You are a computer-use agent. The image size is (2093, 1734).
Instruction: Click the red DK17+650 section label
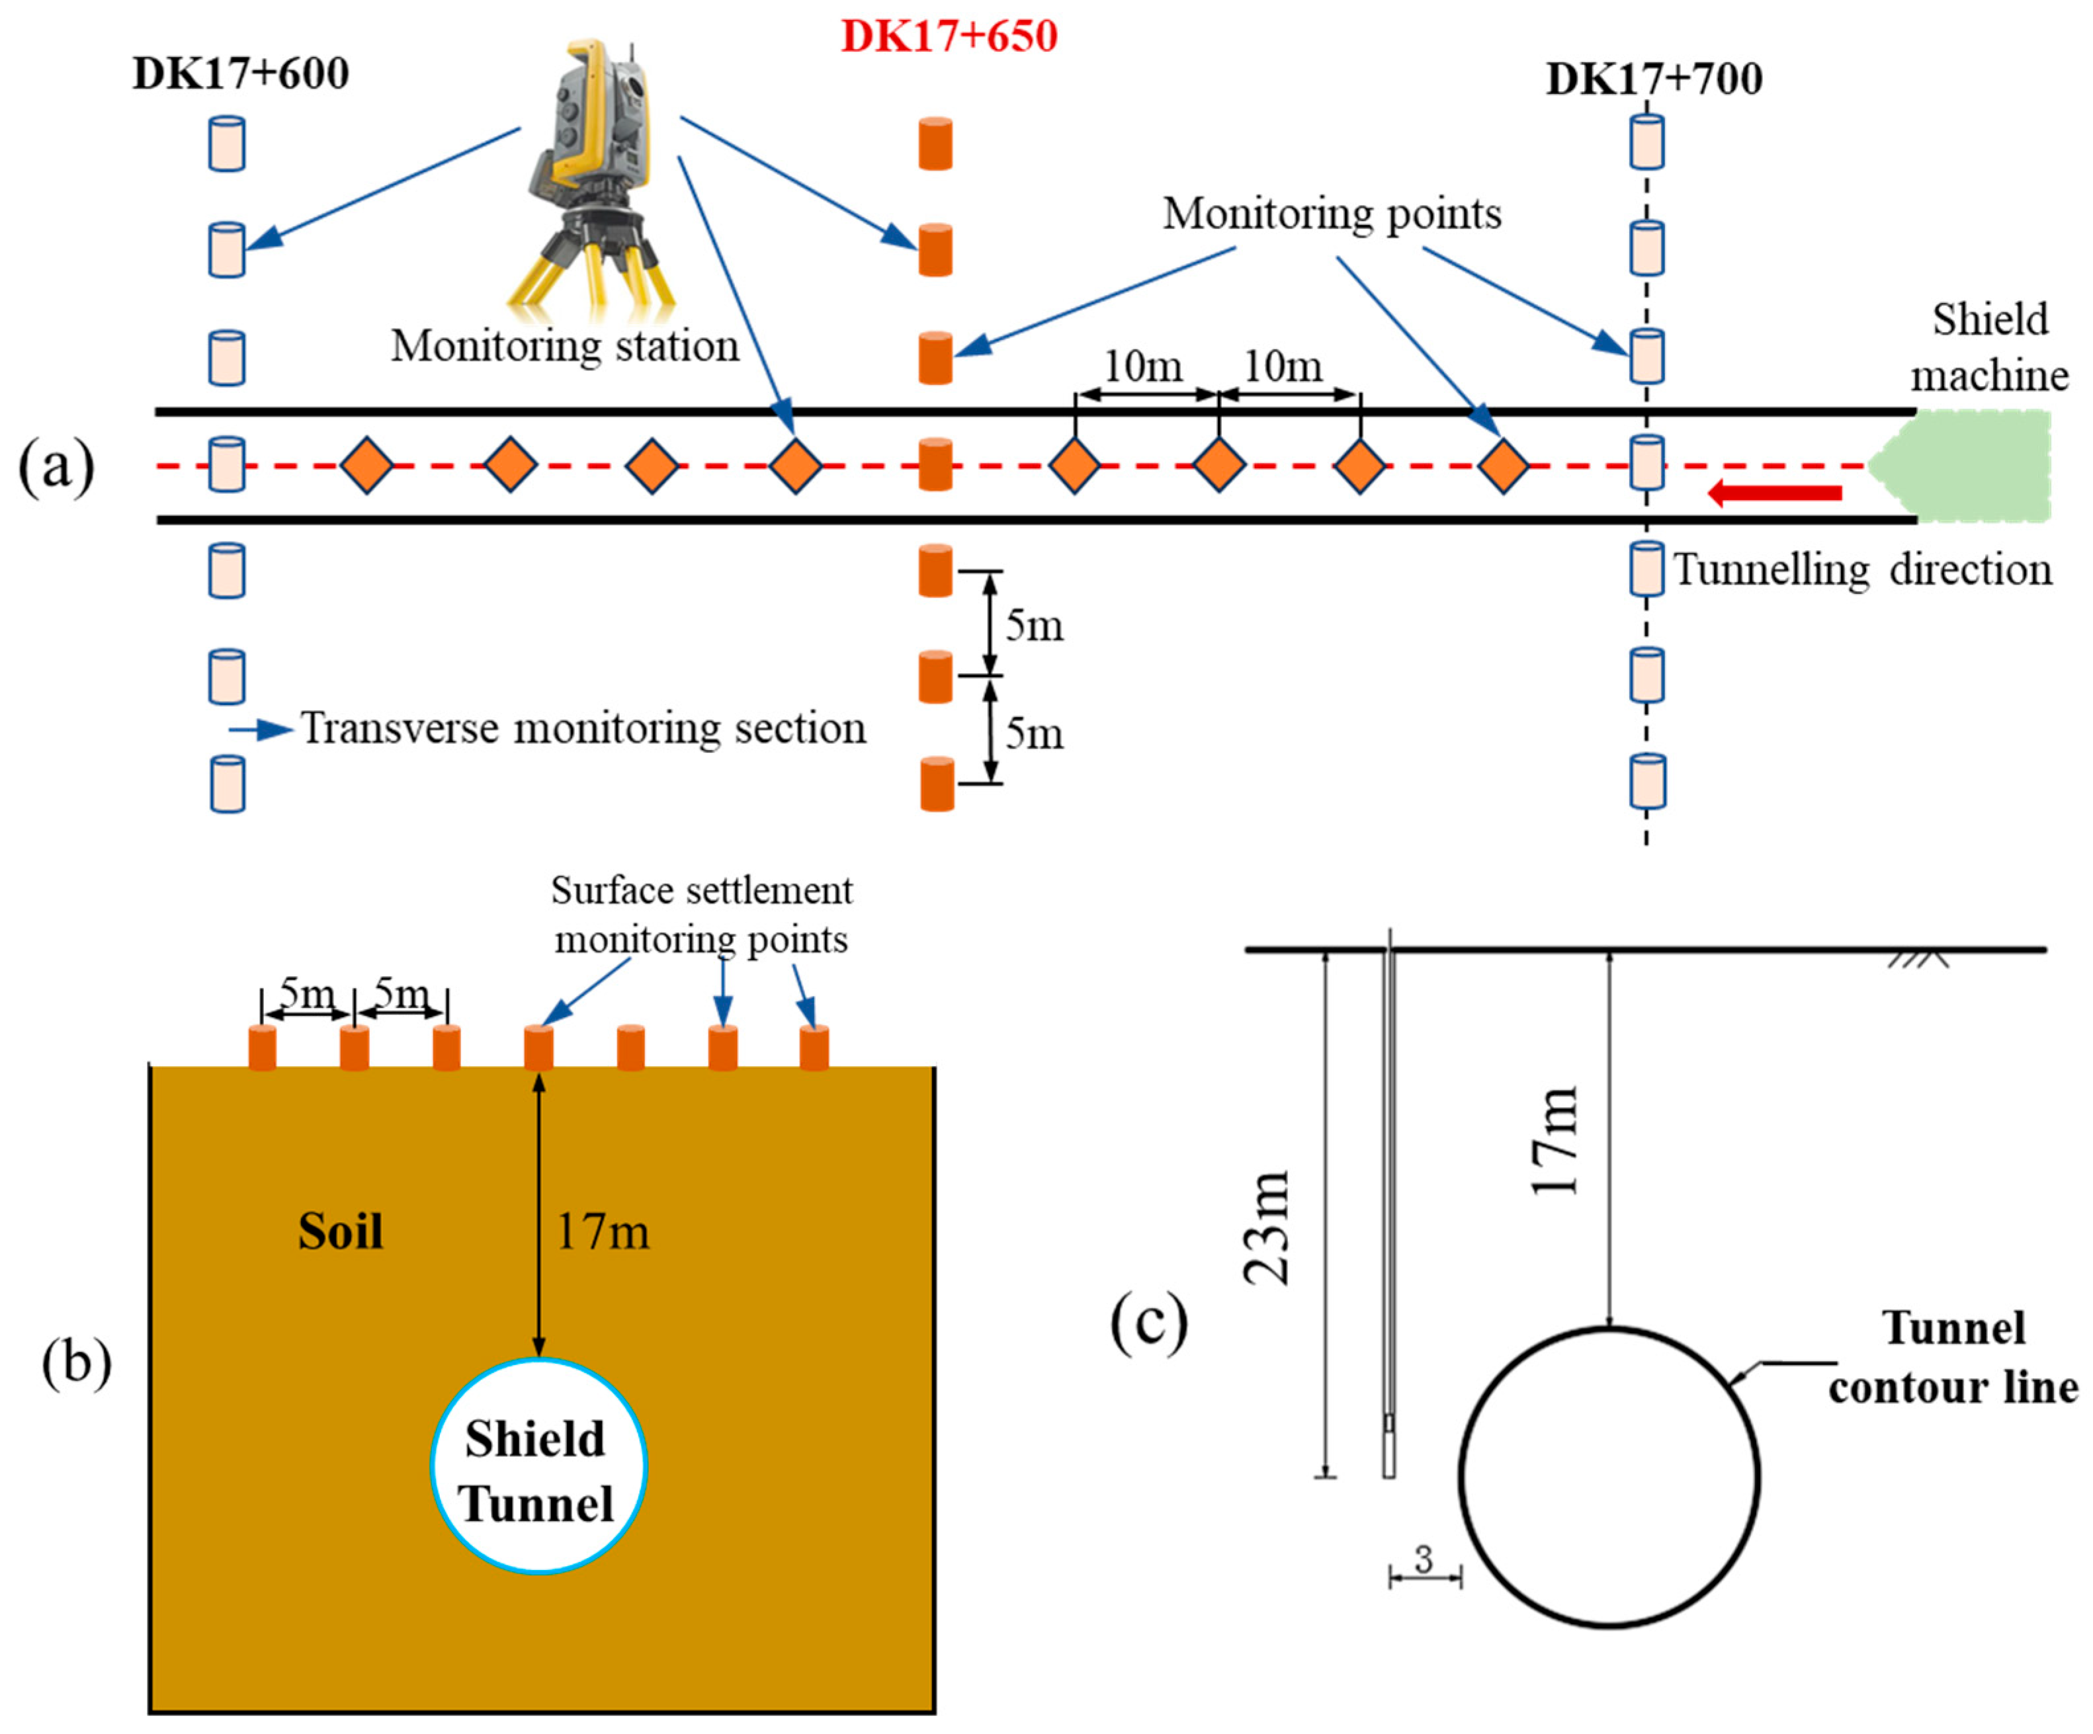point(949,37)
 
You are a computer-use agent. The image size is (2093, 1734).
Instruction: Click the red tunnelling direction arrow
point(1774,492)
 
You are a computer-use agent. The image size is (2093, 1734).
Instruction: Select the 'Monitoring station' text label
point(564,347)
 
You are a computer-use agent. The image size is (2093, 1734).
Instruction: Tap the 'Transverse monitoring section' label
point(583,729)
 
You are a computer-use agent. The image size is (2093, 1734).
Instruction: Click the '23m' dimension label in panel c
point(1267,1227)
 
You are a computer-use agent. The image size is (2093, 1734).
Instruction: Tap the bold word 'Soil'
point(340,1232)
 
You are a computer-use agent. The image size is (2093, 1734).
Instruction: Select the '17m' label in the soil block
point(602,1232)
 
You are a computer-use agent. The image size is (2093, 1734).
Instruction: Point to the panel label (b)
point(76,1362)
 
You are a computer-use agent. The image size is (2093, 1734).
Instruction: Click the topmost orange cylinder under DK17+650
point(935,144)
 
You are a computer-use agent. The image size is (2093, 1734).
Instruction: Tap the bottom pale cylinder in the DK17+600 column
point(228,784)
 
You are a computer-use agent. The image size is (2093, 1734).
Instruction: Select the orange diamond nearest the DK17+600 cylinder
point(366,466)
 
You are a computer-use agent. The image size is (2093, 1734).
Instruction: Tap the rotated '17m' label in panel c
point(1554,1140)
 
